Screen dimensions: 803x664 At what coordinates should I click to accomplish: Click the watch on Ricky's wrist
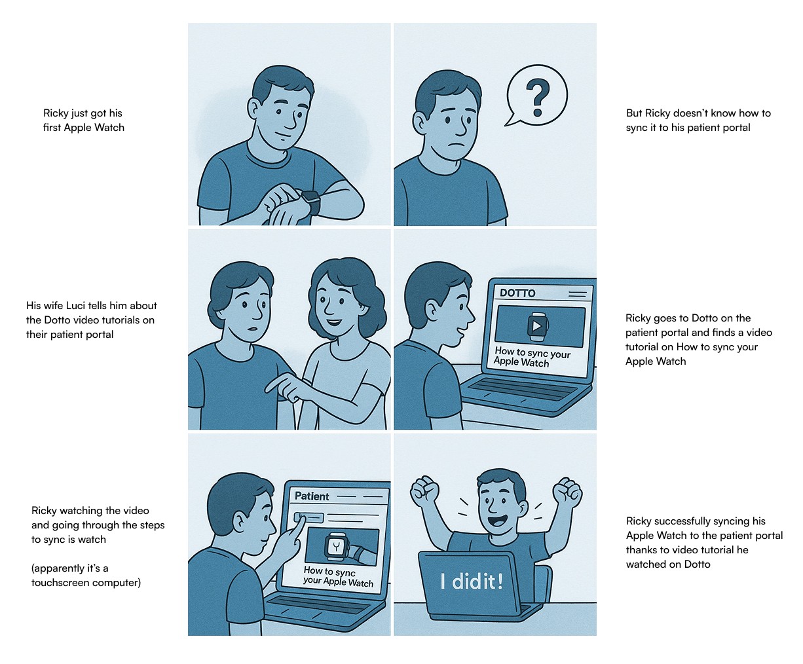[310, 202]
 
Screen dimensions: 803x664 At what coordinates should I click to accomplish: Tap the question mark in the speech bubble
[538, 98]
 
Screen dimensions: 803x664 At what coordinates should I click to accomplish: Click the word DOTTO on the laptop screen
[517, 293]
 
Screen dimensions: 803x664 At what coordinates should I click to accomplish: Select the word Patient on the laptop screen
[312, 496]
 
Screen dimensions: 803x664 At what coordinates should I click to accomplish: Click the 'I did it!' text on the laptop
[472, 581]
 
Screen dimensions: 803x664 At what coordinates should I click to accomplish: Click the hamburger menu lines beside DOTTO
[578, 294]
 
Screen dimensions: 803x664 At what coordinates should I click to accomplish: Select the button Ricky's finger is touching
[308, 517]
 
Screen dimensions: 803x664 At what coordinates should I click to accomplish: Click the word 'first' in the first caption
[52, 127]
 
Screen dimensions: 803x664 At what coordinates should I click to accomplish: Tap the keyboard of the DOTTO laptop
[523, 389]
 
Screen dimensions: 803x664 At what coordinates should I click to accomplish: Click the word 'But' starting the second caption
[634, 113]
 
